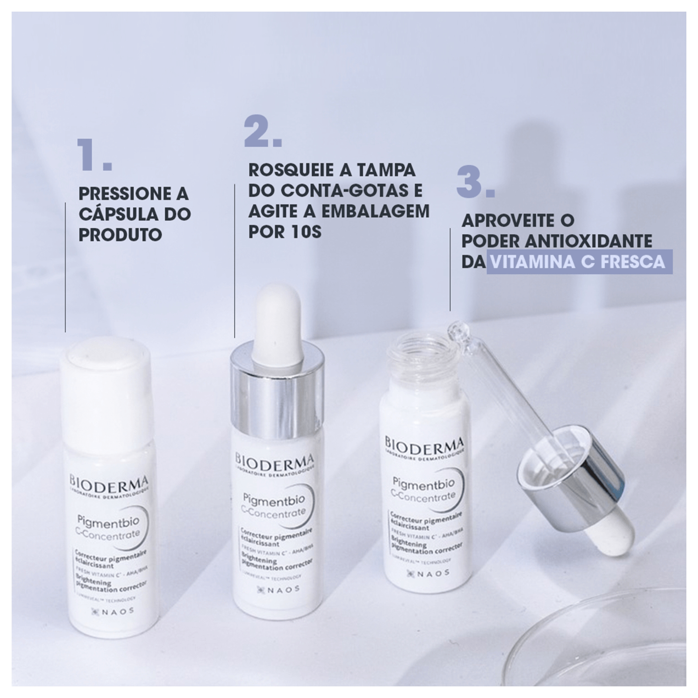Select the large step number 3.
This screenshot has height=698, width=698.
click(x=475, y=183)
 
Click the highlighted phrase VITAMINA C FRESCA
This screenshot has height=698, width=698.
click(x=579, y=262)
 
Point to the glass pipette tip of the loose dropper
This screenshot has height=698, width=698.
click(x=454, y=333)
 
